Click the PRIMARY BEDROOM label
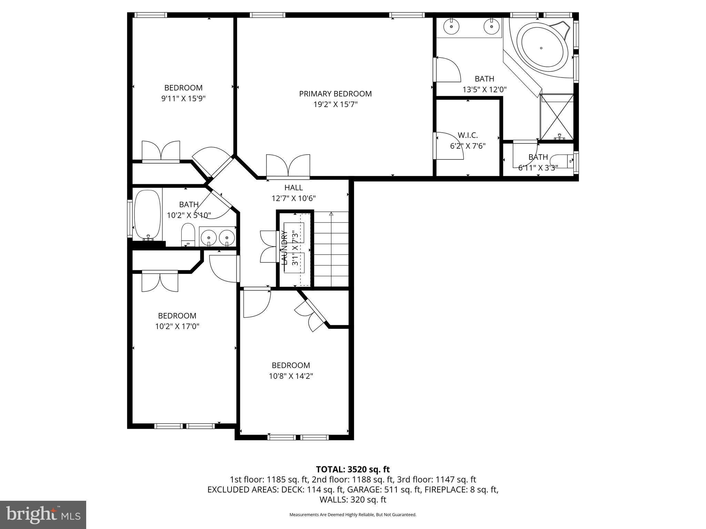335,94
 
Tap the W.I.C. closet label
467,135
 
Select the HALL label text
293,188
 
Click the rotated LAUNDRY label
285,248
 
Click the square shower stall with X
557,117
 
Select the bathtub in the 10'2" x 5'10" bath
148,215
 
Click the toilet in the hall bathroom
188,235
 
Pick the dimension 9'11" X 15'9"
183,99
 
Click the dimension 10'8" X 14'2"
291,376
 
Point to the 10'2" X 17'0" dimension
177,326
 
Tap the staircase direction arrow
331,214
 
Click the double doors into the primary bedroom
288,166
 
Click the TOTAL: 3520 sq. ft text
353,469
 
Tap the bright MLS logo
43,515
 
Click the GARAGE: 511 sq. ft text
384,490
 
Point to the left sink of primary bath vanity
451,26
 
